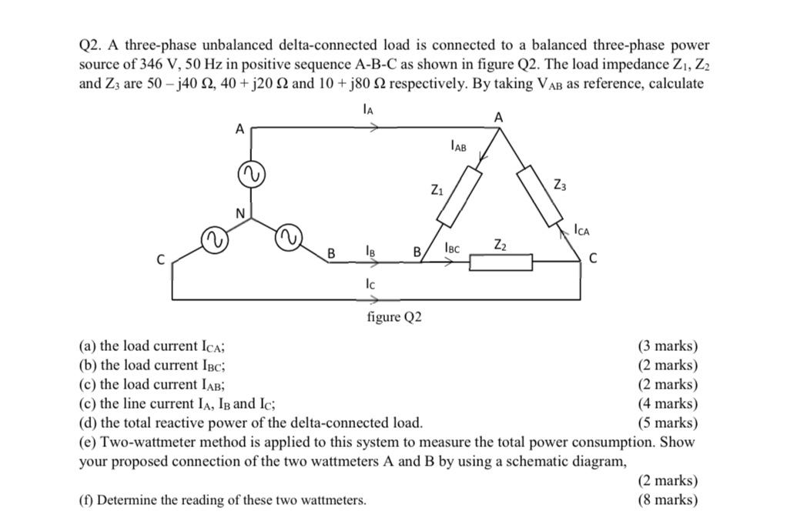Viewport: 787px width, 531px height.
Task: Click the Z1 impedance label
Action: tap(437, 190)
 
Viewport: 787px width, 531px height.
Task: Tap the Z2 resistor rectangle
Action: tap(501, 263)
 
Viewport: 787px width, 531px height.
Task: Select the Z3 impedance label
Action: tap(560, 185)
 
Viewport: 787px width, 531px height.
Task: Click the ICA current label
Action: tap(583, 229)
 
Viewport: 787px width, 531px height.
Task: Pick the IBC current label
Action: tap(452, 248)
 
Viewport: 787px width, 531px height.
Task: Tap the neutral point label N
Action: tap(240, 212)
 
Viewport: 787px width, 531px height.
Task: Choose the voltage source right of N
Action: tap(289, 235)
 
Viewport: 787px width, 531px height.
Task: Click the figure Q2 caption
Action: tap(394, 317)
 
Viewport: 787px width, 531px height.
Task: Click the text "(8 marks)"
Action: tap(668, 500)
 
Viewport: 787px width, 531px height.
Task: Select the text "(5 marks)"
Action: tap(668, 422)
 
